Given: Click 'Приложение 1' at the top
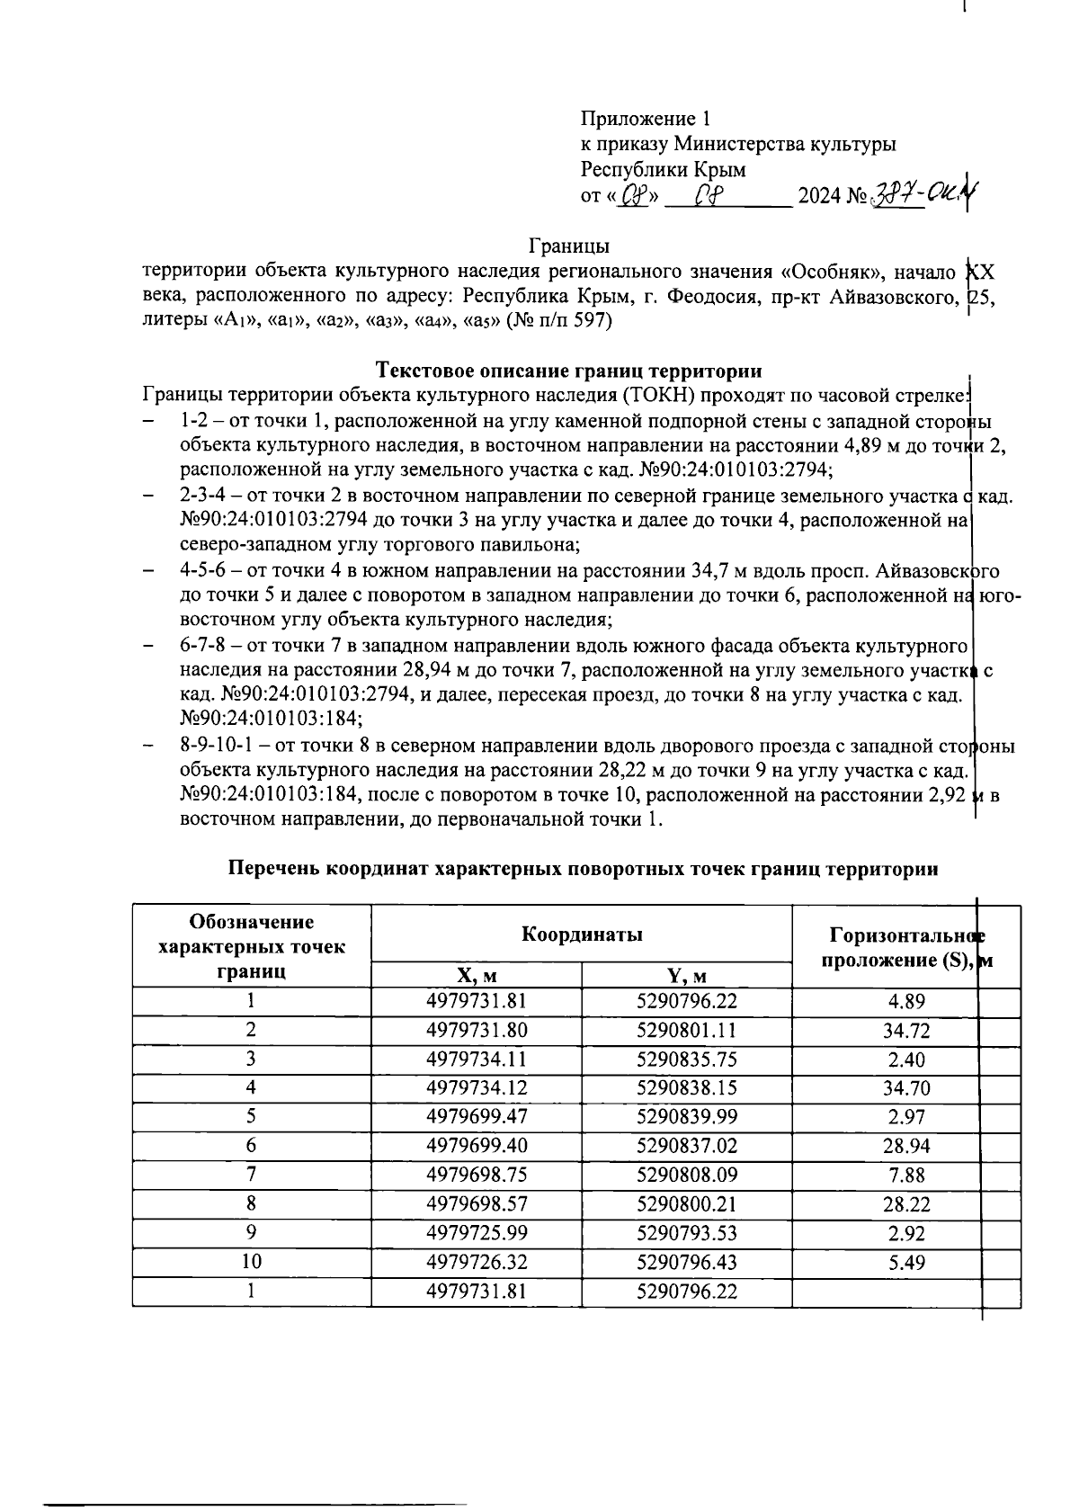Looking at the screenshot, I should pyautogui.click(x=646, y=119).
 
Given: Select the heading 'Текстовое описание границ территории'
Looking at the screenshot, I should pyautogui.click(x=568, y=371).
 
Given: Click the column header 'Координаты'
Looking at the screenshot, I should pyautogui.click(x=582, y=934).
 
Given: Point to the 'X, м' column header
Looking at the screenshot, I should pyautogui.click(x=476, y=976).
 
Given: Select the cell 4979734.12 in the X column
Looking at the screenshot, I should pyautogui.click(x=476, y=1088).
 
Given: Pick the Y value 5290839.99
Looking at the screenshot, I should pyautogui.click(x=686, y=1117).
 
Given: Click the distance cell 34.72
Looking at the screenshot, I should pyautogui.click(x=905, y=1031).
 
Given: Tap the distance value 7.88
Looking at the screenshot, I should pyautogui.click(x=905, y=1176).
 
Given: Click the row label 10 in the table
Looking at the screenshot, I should pyautogui.click(x=252, y=1262).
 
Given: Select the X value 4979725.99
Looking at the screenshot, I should pyautogui.click(x=476, y=1233).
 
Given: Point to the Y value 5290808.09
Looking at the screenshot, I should pyautogui.click(x=686, y=1176).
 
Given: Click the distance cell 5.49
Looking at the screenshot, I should pyautogui.click(x=905, y=1262).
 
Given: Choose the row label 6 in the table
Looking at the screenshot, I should pyautogui.click(x=252, y=1146).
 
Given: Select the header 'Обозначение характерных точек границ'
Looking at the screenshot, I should pyautogui.click(x=252, y=946).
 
